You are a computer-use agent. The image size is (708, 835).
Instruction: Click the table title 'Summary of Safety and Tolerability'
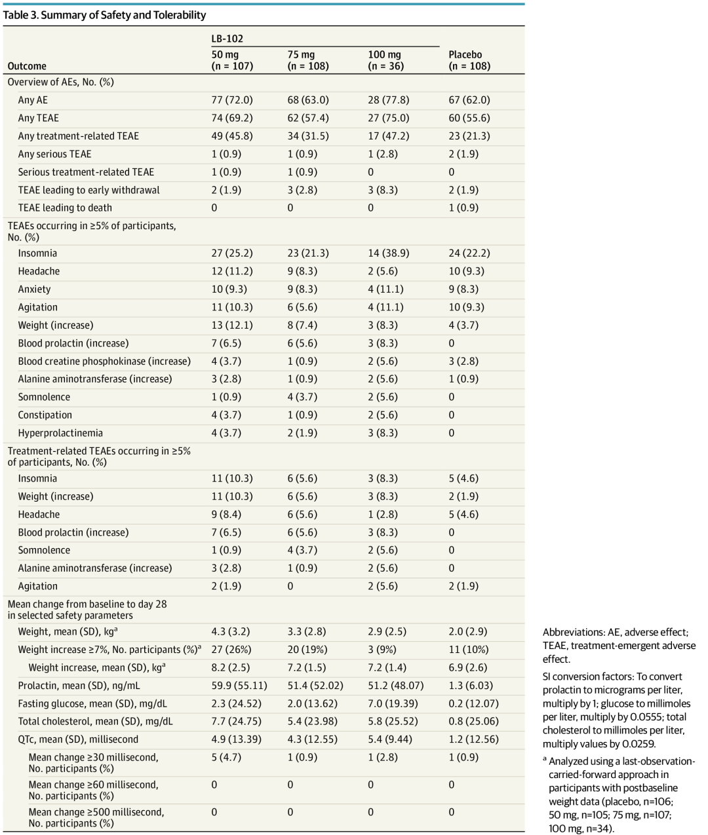pos(123,15)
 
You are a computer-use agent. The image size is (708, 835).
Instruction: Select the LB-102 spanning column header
pos(227,39)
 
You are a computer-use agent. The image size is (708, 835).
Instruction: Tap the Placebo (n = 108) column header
pos(469,60)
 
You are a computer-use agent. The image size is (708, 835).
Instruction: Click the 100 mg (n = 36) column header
pos(385,60)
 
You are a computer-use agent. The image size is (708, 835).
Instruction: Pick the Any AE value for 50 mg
pos(231,100)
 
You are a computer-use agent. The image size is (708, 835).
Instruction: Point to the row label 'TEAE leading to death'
pos(65,208)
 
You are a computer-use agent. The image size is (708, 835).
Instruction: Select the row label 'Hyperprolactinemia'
pos(60,433)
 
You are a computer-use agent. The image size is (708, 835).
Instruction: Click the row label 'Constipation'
pos(45,415)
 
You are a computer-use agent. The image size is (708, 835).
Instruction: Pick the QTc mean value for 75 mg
pos(312,739)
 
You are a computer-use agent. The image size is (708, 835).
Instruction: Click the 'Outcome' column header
pos(27,66)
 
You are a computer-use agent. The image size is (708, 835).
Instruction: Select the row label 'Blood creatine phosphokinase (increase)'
pos(104,362)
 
